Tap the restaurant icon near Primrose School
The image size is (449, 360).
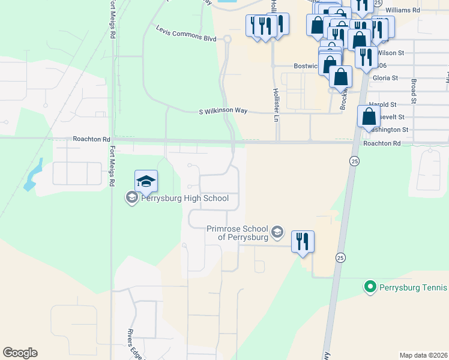tap(303, 241)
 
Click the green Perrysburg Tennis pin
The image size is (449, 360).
tap(370, 287)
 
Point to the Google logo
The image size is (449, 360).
tap(20, 353)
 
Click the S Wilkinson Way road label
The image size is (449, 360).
tap(223, 112)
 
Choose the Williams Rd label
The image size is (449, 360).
tap(403, 11)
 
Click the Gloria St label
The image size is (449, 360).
tap(386, 78)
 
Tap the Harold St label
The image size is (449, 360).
tap(384, 104)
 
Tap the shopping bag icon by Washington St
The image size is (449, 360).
tap(367, 116)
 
